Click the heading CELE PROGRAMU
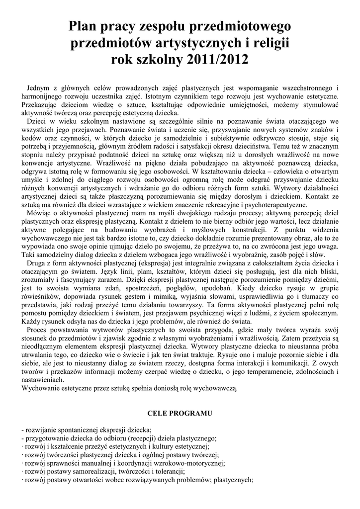point(180,413)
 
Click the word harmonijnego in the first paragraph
point(43,96)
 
